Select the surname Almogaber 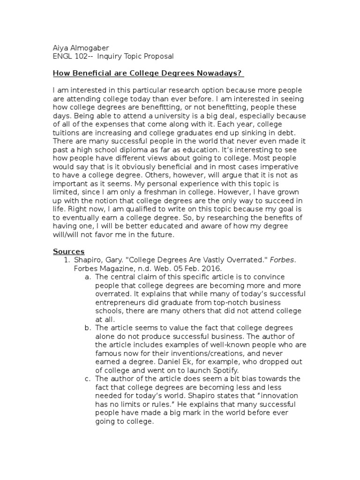[91, 47]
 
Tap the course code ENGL [61, 56]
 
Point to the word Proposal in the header [158, 56]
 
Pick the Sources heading [68, 252]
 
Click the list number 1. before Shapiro [67, 260]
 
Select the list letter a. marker [88, 277]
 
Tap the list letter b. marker [88, 328]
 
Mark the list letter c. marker [88, 378]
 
